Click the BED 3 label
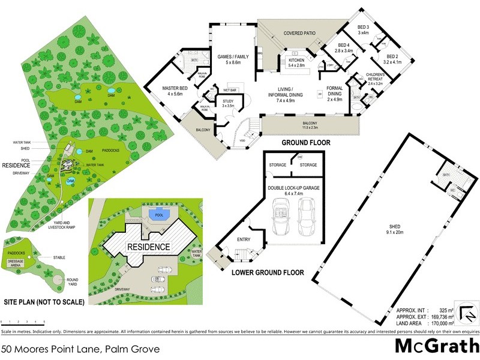pos(364,28)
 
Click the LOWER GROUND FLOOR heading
pos(267,272)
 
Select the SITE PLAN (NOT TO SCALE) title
pos(44,301)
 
